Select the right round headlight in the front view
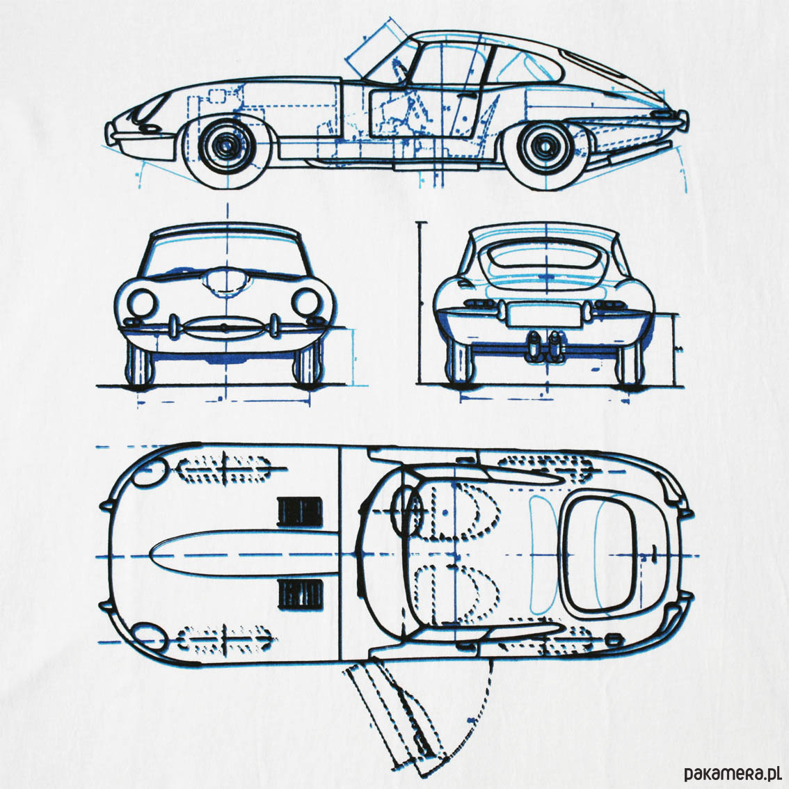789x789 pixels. pos(305,302)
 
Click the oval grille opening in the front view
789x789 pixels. pos(224,327)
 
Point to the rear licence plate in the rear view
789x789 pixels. pos(542,314)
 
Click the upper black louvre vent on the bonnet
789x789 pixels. pos(300,509)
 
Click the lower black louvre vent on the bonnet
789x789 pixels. pos(300,593)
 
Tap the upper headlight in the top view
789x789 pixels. pos(150,474)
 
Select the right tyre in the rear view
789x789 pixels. pos(630,366)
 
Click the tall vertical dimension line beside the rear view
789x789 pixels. pos(420,303)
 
